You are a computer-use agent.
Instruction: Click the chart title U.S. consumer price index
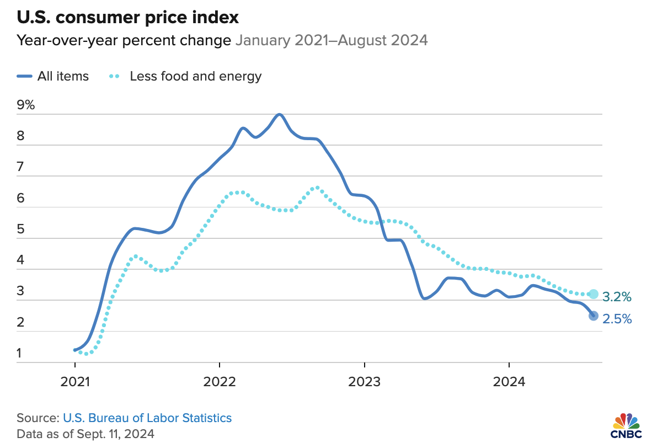click(x=127, y=18)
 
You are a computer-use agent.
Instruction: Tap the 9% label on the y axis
click(x=26, y=105)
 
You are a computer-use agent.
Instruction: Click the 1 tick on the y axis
click(x=20, y=353)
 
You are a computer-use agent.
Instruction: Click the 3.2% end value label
click(x=617, y=297)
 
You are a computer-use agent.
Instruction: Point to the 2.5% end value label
click(x=617, y=319)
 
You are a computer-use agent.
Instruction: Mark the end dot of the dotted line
click(x=594, y=294)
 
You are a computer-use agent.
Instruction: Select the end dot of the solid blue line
click(x=594, y=316)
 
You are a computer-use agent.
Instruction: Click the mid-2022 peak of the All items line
click(x=279, y=115)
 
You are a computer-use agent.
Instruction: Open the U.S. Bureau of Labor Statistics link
click(x=147, y=418)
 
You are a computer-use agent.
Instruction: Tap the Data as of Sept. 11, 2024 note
click(x=85, y=434)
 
